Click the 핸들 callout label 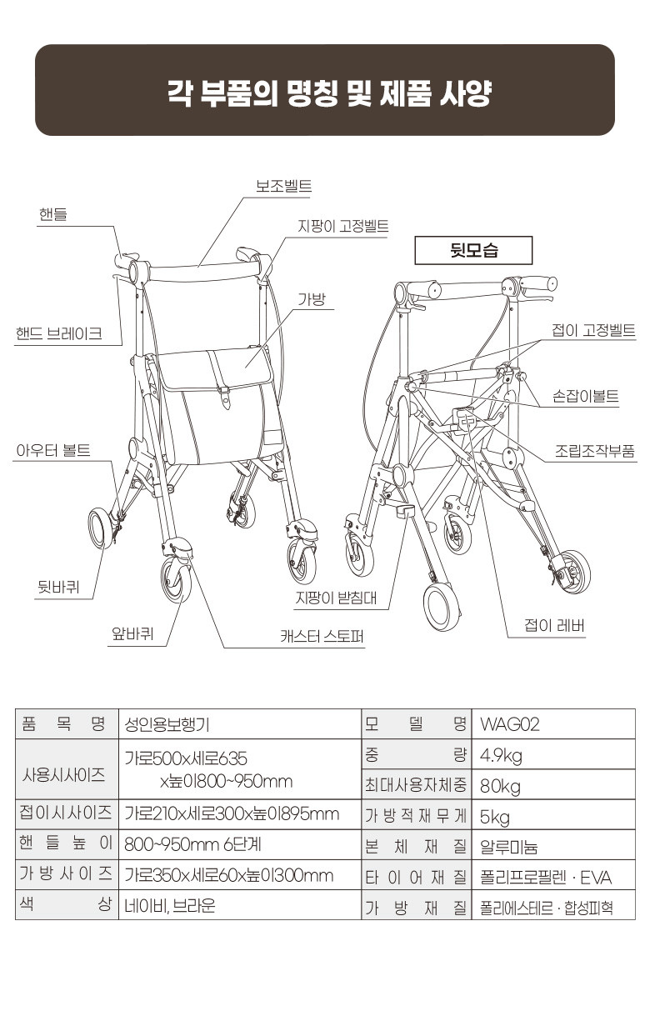[x=52, y=214]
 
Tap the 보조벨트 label [x=283, y=185]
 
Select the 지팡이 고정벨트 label [x=342, y=226]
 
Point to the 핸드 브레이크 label [x=59, y=333]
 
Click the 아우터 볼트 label [x=53, y=451]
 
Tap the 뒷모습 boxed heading [x=472, y=250]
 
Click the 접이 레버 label [x=554, y=626]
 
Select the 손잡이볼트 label [x=586, y=396]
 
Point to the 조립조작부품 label [x=594, y=451]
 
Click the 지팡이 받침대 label [x=335, y=598]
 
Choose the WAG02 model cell [x=510, y=723]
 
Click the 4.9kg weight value [x=502, y=755]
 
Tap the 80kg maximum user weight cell [x=500, y=785]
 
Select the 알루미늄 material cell [x=508, y=846]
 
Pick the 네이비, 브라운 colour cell [x=169, y=905]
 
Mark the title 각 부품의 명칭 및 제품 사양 [x=325, y=92]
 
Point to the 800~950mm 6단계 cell [x=192, y=844]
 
